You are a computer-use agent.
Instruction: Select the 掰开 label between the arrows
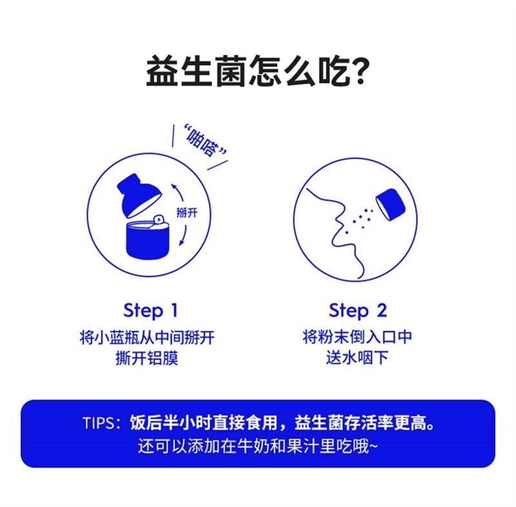(186, 213)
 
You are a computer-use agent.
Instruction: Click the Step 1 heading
(150, 311)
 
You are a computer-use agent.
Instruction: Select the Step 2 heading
(357, 311)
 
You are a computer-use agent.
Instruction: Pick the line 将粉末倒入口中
(357, 337)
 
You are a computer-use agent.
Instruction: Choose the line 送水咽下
(357, 358)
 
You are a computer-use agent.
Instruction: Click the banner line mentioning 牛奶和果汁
(258, 446)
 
